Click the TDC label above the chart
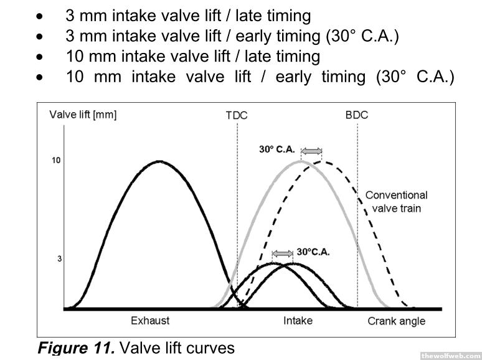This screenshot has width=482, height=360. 237,115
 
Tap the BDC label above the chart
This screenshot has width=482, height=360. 357,115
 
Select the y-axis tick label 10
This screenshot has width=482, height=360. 56,161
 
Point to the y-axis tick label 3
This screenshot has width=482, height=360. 59,258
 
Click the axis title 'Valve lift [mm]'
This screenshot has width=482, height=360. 83,115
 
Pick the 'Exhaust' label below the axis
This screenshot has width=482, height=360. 150,321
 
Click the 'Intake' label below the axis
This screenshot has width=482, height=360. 298,321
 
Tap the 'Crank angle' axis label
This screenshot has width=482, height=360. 396,321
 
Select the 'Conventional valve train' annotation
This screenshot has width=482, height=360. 396,201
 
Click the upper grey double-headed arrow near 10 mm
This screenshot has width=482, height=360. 311,150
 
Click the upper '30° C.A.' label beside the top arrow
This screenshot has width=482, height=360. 278,149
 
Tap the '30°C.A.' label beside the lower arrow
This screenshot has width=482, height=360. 313,252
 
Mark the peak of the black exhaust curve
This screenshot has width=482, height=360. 160,161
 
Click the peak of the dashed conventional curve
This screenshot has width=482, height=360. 322,161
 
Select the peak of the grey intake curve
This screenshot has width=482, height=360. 301,161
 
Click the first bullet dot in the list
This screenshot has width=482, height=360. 40,15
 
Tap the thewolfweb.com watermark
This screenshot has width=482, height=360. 450,355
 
